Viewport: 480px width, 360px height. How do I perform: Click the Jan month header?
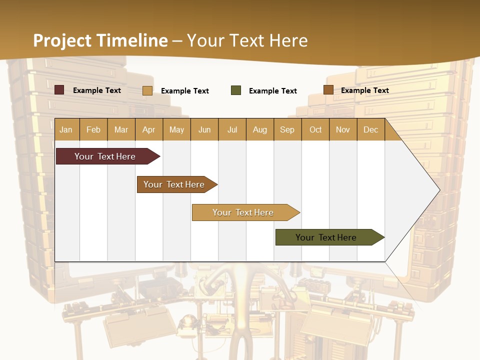tap(66, 129)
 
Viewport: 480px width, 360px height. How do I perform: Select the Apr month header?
tap(149, 129)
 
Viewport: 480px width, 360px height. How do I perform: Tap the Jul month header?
tap(232, 129)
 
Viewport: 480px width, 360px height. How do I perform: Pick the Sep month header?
tap(287, 129)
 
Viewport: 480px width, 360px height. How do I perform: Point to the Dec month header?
tap(370, 129)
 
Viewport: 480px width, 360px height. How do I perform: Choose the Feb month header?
tap(93, 129)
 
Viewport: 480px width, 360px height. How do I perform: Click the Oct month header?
tap(315, 129)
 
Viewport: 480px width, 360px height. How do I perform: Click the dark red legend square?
tap(59, 90)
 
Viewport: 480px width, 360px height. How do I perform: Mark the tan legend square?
tap(147, 90)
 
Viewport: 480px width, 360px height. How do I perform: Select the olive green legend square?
tap(236, 90)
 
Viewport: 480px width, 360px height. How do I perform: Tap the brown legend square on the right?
tap(328, 90)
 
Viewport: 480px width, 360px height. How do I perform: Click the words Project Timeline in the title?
tap(100, 40)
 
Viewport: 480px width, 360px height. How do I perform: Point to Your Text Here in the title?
tap(247, 40)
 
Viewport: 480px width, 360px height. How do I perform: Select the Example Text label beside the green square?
tap(272, 91)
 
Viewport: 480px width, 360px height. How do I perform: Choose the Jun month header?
tap(204, 129)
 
